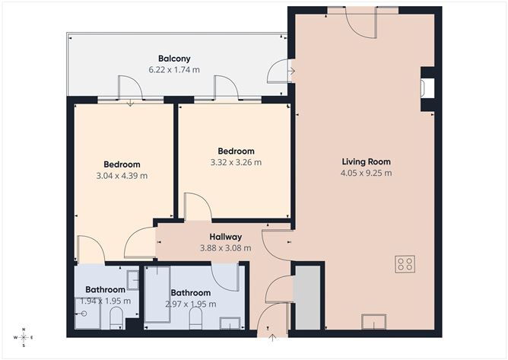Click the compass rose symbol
pos(24,336)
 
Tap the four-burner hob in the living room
pos(405,264)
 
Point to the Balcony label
pos(174,59)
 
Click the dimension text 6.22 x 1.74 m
pos(174,69)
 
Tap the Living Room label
pos(366,161)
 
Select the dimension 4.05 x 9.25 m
pos(366,173)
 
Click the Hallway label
pos(226,237)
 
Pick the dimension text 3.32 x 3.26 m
pos(235,162)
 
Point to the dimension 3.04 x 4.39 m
pos(122,175)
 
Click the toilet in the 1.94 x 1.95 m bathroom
pos(116,323)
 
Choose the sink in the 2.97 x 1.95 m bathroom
pos(229,323)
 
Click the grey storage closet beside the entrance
pos(308,298)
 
